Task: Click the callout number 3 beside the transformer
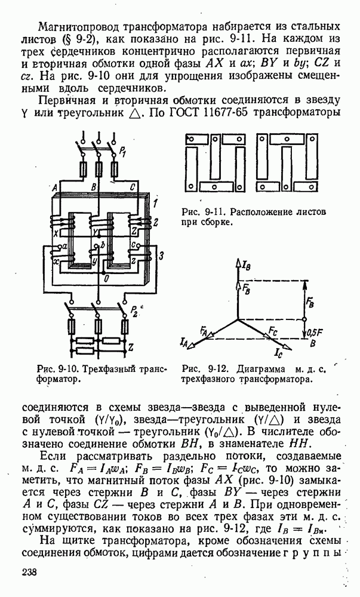(160, 256)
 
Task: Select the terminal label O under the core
(106, 279)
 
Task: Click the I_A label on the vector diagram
(184, 342)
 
